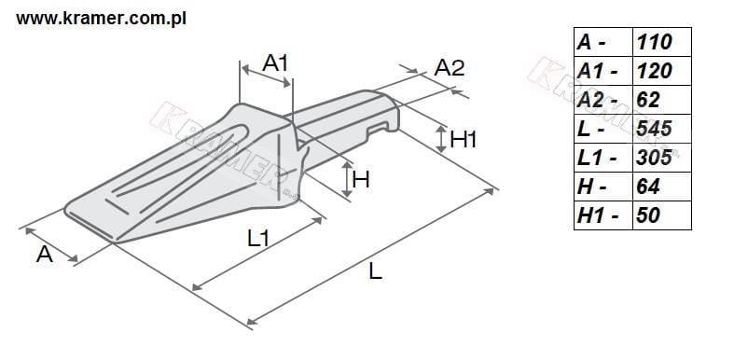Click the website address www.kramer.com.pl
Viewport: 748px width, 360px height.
click(101, 19)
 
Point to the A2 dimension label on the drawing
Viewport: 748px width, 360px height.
click(449, 68)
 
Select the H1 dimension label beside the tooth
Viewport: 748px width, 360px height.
click(464, 139)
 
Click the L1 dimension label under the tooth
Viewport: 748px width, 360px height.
click(258, 238)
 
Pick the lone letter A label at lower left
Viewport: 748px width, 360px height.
click(45, 255)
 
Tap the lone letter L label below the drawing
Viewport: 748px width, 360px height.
click(376, 271)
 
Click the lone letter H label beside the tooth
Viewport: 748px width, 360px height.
click(361, 180)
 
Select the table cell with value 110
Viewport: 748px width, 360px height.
click(661, 42)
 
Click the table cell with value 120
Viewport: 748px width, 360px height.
click(661, 71)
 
